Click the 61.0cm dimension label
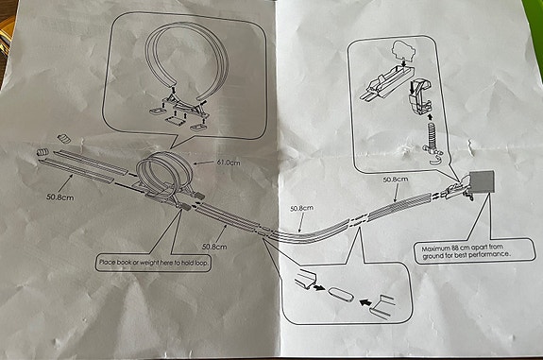tap(229, 163)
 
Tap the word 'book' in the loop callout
tap(123, 263)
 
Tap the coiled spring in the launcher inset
tap(431, 135)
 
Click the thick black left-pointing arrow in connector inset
tap(365, 302)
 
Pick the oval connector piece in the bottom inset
tap(341, 295)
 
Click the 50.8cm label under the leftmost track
tap(60, 197)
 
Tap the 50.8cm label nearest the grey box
tap(396, 180)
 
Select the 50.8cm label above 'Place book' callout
tap(214, 247)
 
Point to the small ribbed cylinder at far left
tap(42, 152)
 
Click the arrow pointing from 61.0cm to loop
tap(205, 163)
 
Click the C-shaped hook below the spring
tap(435, 160)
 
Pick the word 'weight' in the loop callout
tap(150, 263)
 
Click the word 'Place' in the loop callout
tap(107, 263)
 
